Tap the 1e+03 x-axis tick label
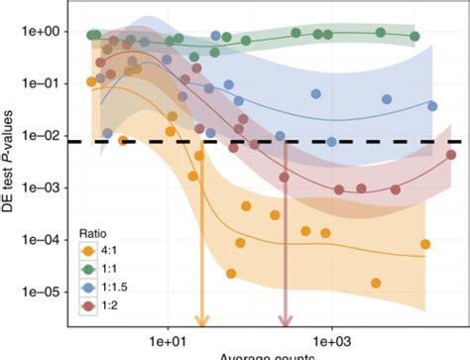[x=330, y=338]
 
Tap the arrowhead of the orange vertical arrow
[x=201, y=319]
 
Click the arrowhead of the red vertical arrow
[x=285, y=319]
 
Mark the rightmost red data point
[x=451, y=155]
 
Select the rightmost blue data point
[x=432, y=106]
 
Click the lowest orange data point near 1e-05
[x=376, y=283]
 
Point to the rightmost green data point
[x=414, y=37]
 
